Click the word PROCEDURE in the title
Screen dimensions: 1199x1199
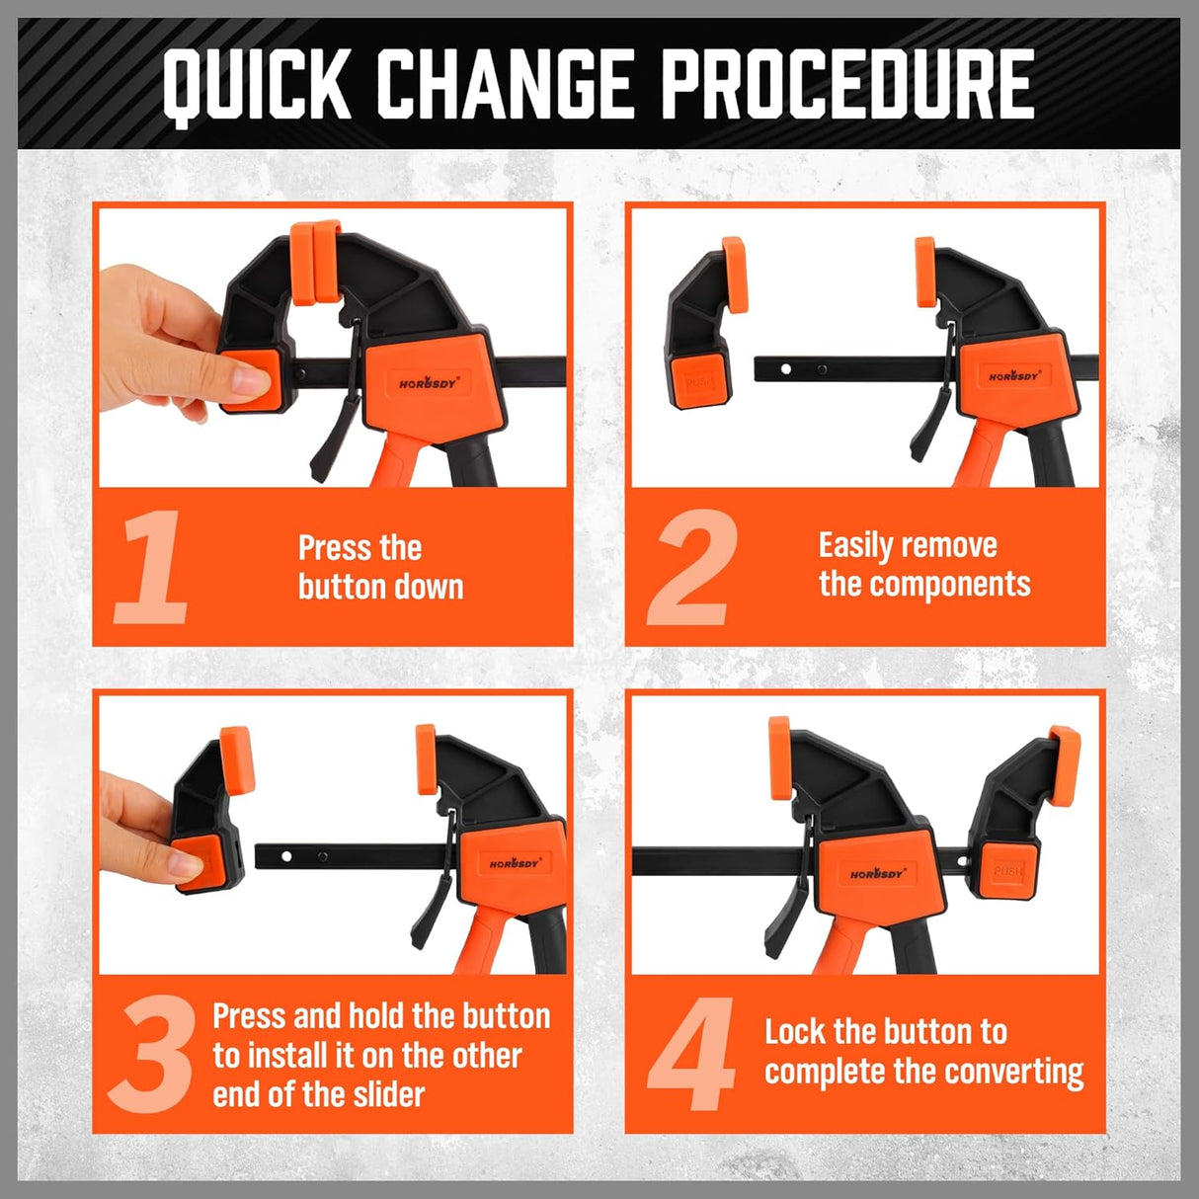(847, 84)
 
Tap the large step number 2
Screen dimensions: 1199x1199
(692, 567)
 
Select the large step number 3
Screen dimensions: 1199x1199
(151, 1055)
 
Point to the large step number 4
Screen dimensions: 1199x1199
(691, 1055)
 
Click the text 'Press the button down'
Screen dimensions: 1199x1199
(380, 567)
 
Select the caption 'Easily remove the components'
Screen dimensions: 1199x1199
(923, 564)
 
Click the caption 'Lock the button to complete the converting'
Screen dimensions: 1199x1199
(923, 1052)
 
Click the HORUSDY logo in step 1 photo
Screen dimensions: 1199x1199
(429, 383)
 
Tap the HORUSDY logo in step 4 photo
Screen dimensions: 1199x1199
(877, 874)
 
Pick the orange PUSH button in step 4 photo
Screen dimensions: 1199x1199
(1007, 870)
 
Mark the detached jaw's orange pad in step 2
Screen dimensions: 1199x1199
(735, 274)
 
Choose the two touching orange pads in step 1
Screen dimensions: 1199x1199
(315, 263)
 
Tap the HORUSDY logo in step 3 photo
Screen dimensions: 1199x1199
(515, 863)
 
